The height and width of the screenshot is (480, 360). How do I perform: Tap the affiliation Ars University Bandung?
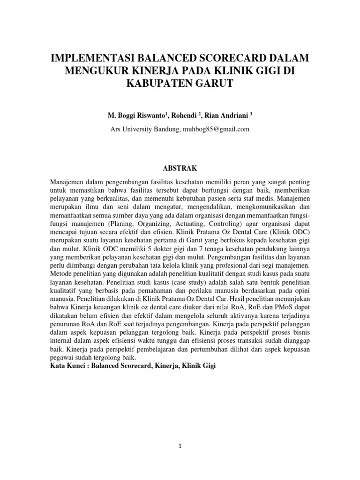pos(144,129)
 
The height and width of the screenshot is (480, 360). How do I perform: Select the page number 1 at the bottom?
pos(180,447)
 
